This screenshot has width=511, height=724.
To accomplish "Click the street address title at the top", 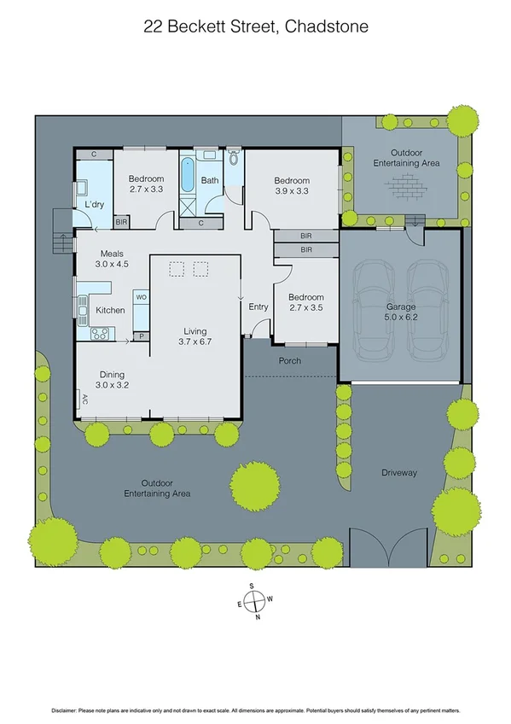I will pyautogui.click(x=255, y=26).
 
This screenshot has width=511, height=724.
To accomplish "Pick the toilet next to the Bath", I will pyautogui.click(x=234, y=158).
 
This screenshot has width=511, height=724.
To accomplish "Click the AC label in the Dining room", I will pyautogui.click(x=84, y=398).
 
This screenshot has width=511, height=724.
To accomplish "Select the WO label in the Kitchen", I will pyautogui.click(x=142, y=297).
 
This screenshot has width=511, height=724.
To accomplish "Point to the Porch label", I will pyautogui.click(x=290, y=360).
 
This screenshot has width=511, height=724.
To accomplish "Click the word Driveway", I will pyautogui.click(x=399, y=472).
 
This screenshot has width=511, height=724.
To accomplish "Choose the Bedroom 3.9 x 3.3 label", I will pyautogui.click(x=292, y=186).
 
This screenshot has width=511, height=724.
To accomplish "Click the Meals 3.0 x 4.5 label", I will pyautogui.click(x=113, y=259).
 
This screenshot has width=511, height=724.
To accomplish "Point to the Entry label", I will pyautogui.click(x=258, y=307).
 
